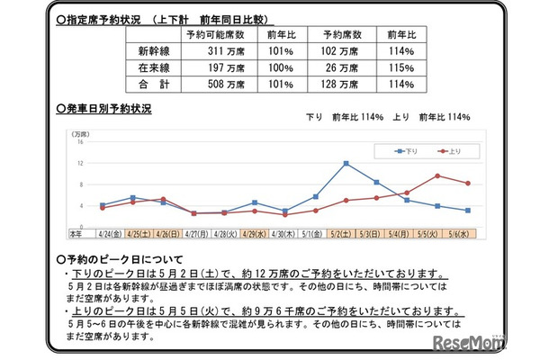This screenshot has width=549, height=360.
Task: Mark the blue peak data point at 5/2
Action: (x=346, y=163)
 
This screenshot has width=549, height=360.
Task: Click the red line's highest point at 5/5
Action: (x=437, y=175)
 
